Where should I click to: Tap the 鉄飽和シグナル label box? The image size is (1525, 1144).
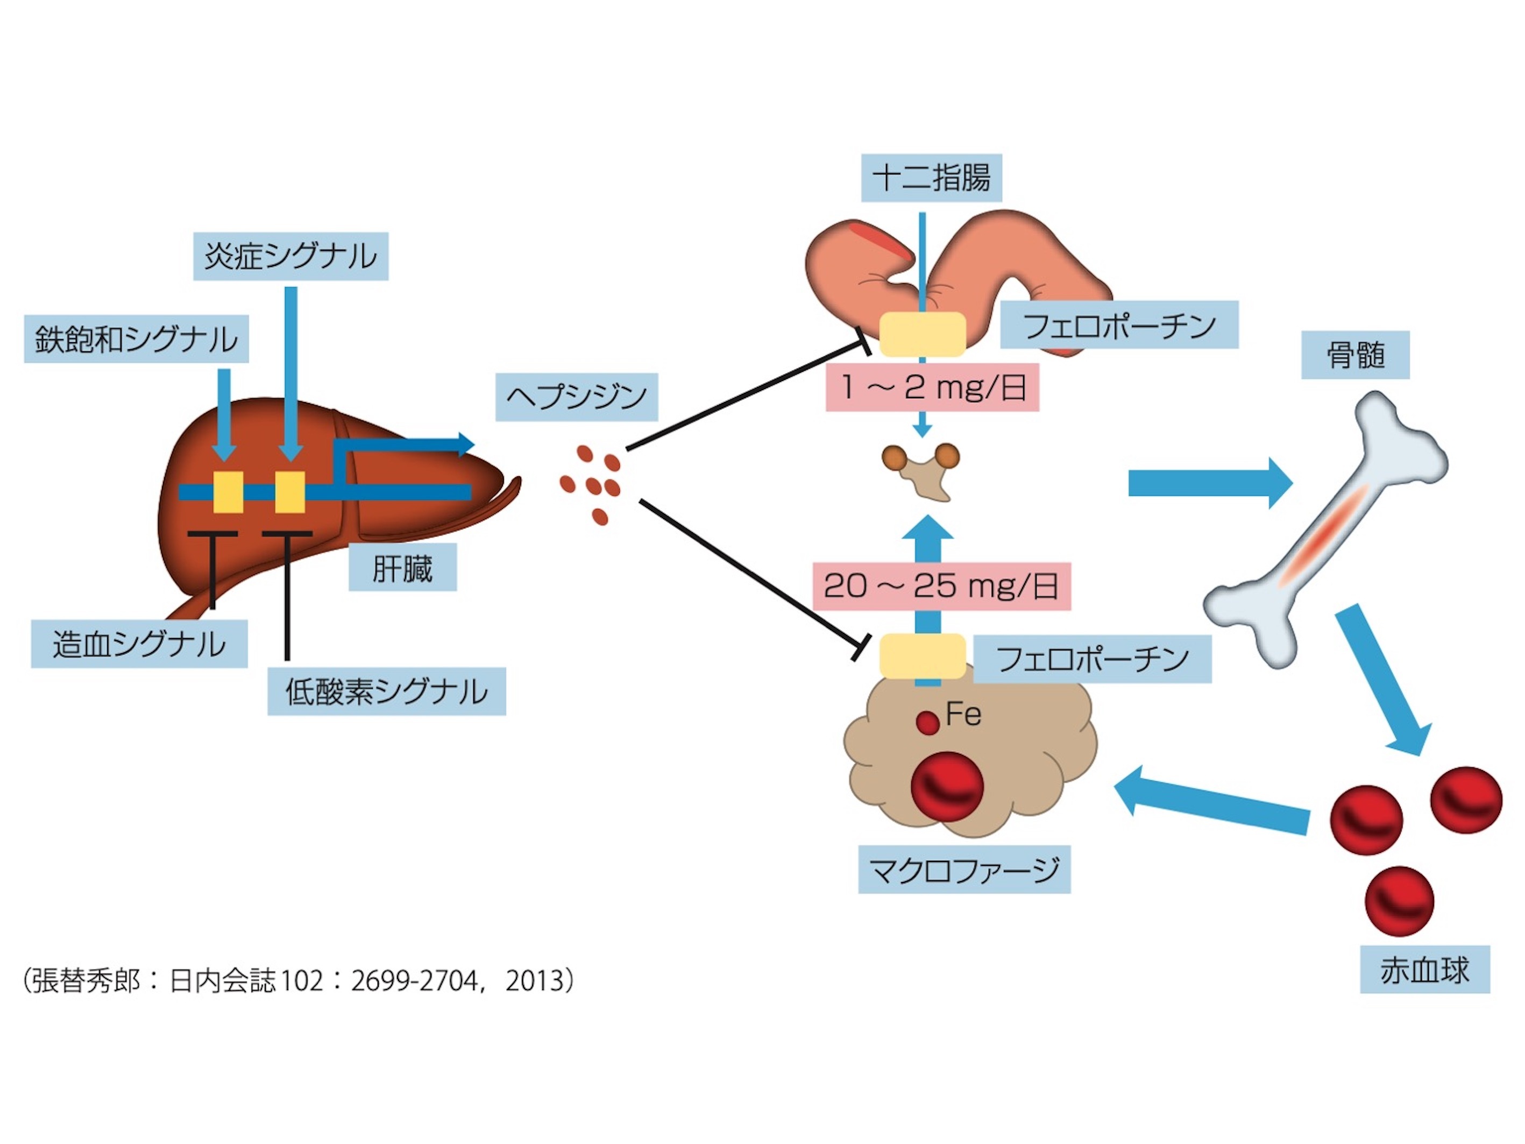click(136, 339)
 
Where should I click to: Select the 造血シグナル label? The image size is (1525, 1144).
click(139, 644)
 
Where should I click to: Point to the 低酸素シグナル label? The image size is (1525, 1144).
click(386, 691)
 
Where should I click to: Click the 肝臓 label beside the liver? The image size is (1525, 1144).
click(402, 568)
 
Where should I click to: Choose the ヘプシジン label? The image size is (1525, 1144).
click(576, 397)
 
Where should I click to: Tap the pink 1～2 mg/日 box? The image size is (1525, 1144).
click(932, 387)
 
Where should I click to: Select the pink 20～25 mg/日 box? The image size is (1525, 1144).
click(941, 586)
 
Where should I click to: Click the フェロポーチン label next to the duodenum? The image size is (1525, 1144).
click(1119, 325)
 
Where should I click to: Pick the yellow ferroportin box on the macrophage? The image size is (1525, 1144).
click(923, 656)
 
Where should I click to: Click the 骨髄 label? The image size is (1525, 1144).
click(1354, 355)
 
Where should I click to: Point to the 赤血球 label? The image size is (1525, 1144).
click(1424, 970)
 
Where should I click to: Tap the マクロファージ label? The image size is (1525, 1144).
click(964, 870)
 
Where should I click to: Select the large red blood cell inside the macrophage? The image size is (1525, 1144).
click(947, 786)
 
